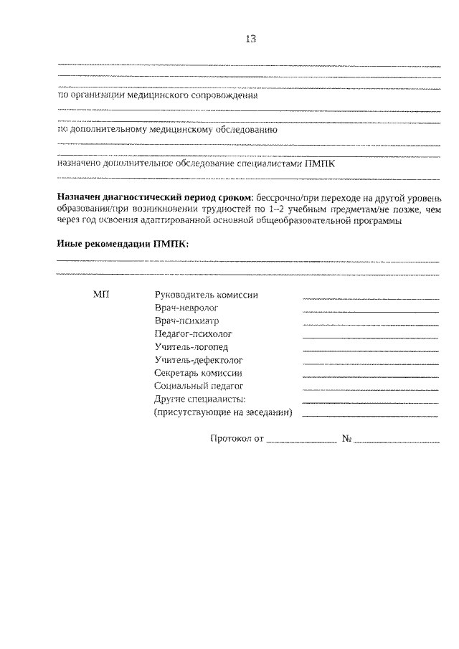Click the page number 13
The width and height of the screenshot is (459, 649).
point(250,39)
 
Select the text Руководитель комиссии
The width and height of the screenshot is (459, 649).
point(205,295)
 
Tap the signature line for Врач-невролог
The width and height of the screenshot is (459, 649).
point(370,311)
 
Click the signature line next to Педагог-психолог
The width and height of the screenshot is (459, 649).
point(370,337)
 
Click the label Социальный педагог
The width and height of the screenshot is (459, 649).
point(199,386)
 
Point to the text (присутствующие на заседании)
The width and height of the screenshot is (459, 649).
point(223,412)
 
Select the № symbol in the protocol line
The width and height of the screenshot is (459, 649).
point(346,438)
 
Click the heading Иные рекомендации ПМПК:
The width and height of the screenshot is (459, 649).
point(123,244)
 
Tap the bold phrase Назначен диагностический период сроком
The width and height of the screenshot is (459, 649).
point(154,196)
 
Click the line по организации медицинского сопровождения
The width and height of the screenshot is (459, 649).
point(157,95)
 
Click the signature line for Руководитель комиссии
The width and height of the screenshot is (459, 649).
point(370,298)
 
